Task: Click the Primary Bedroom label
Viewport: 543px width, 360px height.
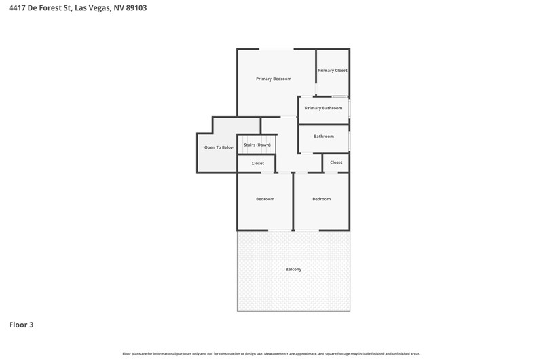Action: [x=274, y=79]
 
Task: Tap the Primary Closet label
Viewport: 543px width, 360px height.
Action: [x=333, y=71]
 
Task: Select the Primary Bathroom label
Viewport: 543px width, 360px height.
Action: [x=324, y=108]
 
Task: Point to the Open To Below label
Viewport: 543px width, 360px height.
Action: [x=219, y=147]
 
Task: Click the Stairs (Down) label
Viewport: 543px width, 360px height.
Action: [x=257, y=145]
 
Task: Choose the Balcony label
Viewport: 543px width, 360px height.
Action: [x=293, y=269]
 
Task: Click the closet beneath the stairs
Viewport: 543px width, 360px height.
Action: [x=258, y=163]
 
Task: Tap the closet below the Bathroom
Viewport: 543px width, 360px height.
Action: [x=336, y=162]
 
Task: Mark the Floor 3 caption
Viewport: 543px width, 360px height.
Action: [x=21, y=325]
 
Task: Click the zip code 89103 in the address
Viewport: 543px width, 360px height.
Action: [x=136, y=7]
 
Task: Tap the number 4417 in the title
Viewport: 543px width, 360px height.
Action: [x=17, y=7]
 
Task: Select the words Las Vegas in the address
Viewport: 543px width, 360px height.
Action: [x=92, y=8]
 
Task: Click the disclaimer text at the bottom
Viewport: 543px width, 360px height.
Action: [x=271, y=354]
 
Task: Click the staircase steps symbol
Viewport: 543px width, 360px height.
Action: [x=257, y=145]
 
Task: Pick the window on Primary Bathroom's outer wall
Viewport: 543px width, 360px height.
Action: [x=350, y=109]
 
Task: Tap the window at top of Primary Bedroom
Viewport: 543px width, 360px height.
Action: [x=276, y=49]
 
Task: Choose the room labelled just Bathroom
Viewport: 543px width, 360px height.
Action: [x=324, y=139]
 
